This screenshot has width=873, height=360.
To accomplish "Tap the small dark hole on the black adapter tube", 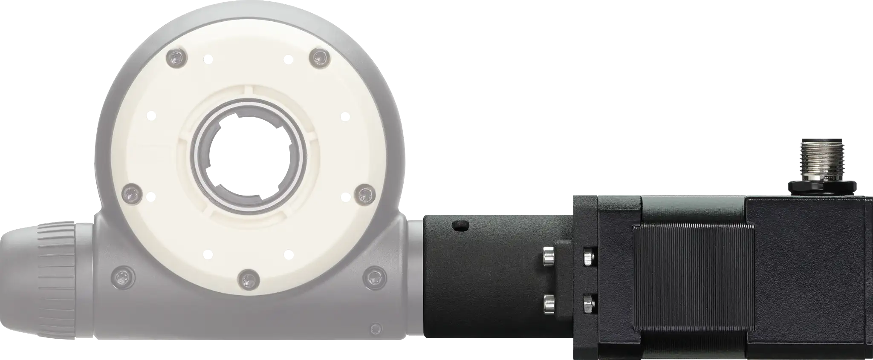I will (460, 225).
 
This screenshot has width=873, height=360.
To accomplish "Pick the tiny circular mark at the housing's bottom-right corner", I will (375, 328).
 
